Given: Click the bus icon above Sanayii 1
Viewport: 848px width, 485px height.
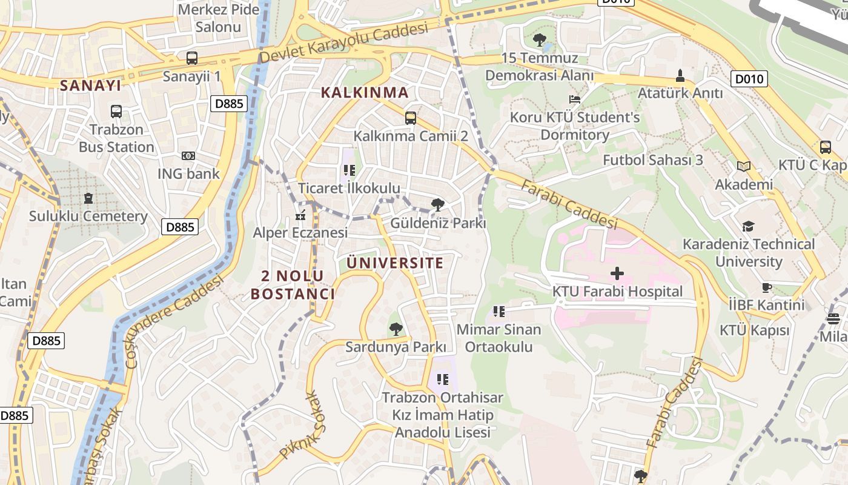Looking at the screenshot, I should [x=191, y=58].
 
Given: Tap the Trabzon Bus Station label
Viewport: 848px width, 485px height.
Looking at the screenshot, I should [x=116, y=138].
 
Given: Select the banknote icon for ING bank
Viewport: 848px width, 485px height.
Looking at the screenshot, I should [x=188, y=156].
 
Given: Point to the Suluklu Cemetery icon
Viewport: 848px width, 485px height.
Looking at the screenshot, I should [x=88, y=198].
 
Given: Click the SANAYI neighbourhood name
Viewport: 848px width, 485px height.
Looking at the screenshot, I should [x=90, y=85].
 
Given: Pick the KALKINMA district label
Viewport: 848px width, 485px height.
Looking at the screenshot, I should [x=364, y=93].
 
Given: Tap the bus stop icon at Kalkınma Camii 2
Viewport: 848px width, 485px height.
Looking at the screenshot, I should [x=411, y=118].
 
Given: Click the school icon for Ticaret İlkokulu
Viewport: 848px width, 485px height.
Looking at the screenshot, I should [x=349, y=170].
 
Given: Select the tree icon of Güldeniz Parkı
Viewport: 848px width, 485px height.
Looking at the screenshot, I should [x=437, y=205].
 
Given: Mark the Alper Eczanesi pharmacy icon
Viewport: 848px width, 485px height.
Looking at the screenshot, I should [x=300, y=215].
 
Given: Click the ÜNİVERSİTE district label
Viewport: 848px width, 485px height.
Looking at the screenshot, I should [x=395, y=263].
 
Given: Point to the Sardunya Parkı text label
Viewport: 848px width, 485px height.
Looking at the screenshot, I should [x=396, y=347].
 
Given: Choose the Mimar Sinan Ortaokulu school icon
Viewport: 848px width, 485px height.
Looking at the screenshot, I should [x=499, y=312].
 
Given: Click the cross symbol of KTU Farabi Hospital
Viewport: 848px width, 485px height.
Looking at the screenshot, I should [x=617, y=273].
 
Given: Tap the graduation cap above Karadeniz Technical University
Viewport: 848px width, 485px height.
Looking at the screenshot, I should [x=749, y=227].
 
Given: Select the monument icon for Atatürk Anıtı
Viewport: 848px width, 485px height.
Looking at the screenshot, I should [x=680, y=76].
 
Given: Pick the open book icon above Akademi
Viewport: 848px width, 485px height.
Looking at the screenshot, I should [x=744, y=166].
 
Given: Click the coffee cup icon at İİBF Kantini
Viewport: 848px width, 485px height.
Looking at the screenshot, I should [x=767, y=287].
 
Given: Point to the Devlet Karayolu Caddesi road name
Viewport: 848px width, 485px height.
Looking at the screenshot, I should [x=343, y=43].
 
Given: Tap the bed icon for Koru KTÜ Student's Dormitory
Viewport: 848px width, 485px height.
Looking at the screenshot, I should [x=574, y=99].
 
